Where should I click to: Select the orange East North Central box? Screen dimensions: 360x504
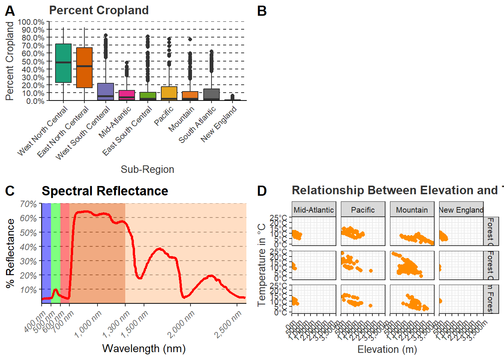pos(84,67)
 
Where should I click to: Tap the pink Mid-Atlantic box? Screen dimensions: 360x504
pos(127,95)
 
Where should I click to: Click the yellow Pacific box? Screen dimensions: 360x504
pos(169,93)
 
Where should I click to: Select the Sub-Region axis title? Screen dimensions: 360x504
pos(147,169)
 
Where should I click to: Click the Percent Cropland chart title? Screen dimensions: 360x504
pos(99,10)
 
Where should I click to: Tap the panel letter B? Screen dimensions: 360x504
pos(262,11)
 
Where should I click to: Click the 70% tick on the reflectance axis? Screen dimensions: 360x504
pos(28,204)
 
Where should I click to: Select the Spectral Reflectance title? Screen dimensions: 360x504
pos(105,191)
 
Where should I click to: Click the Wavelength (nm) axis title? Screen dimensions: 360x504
pos(144,349)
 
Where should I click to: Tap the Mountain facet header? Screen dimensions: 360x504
pos(412,210)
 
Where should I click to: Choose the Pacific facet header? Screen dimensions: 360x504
pos(363,210)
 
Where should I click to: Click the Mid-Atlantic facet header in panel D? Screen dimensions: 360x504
pos(313,210)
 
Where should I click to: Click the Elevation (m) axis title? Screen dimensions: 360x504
pos(387,349)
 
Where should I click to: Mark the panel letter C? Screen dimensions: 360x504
pos(10,191)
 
